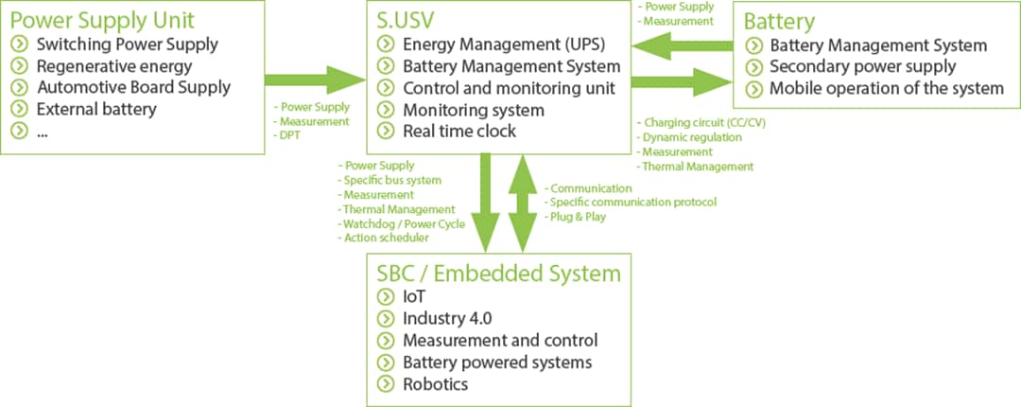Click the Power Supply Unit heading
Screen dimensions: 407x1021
102,19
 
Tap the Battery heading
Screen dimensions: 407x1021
779,21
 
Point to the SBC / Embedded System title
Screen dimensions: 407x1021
499,274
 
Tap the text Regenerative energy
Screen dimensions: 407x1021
113,66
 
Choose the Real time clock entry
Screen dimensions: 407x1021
459,132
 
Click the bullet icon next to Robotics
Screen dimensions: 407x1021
385,383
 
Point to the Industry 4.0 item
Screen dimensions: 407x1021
447,318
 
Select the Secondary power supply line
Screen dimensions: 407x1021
862,66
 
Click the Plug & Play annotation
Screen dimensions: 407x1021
578,217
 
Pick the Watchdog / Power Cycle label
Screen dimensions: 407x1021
404,223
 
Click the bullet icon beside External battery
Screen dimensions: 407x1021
20,109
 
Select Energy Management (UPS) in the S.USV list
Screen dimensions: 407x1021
503,44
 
